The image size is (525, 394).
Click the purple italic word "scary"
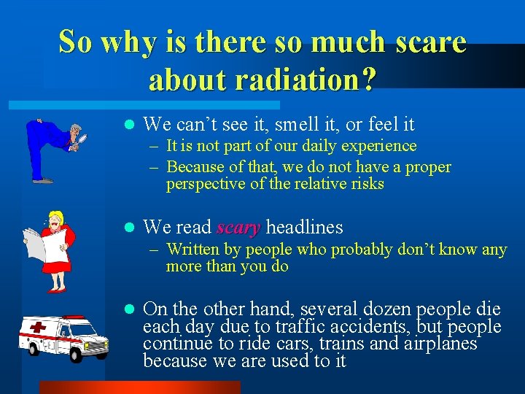coord(238,228)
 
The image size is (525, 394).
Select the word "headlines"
coord(304,228)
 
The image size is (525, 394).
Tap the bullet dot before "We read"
coord(128,228)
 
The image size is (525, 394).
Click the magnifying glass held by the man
coord(82,136)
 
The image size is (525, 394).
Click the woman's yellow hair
coord(57,217)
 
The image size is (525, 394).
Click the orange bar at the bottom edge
coord(139,387)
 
